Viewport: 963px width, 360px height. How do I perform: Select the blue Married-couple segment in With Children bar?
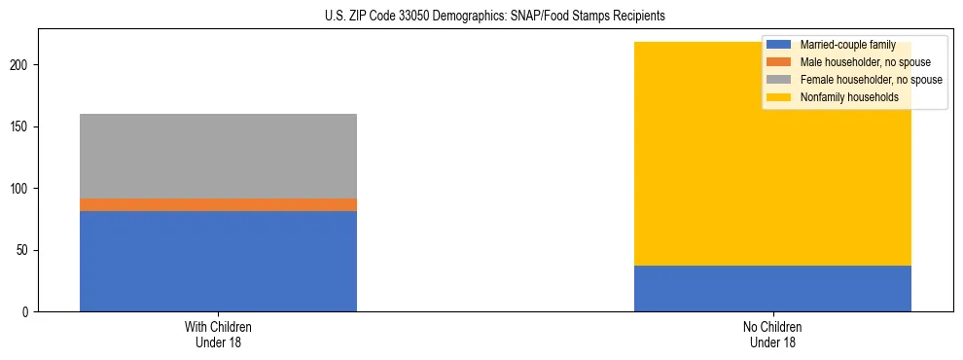pyautogui.click(x=218, y=261)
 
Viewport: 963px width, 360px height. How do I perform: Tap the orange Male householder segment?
pyautogui.click(x=218, y=204)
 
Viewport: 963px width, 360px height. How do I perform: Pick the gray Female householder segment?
pyautogui.click(x=218, y=156)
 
